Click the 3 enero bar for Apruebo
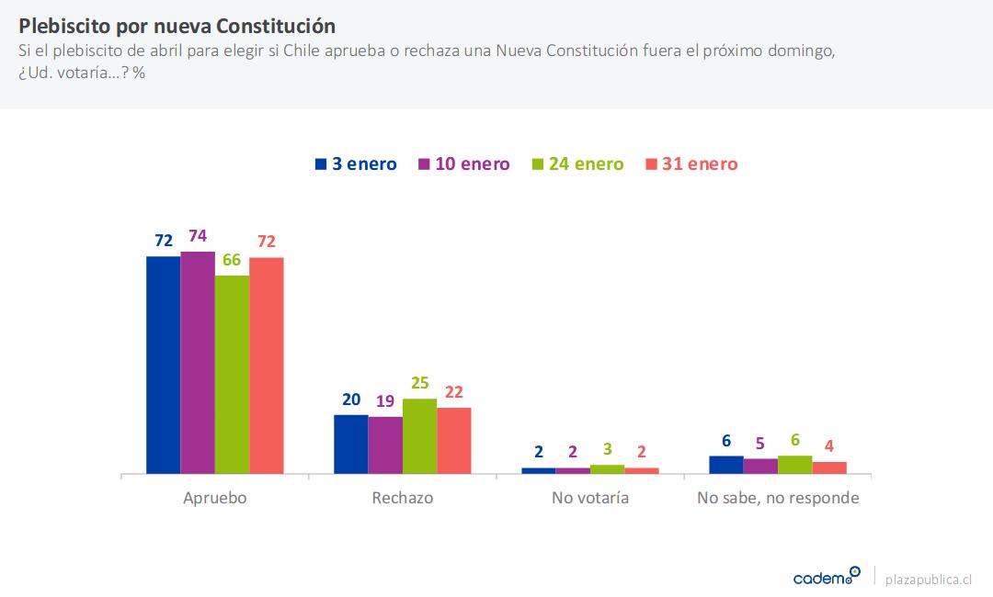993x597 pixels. pyautogui.click(x=164, y=365)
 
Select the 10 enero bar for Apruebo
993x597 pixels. pyautogui.click(x=198, y=362)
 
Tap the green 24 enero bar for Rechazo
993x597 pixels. pyautogui.click(x=419, y=436)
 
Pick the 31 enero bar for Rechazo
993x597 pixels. pyautogui.click(x=453, y=441)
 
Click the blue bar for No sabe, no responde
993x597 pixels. pyautogui.click(x=726, y=465)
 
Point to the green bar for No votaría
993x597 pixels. pyautogui.click(x=607, y=469)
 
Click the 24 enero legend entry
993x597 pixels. pyautogui.click(x=577, y=164)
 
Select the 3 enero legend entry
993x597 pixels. pyautogui.click(x=356, y=164)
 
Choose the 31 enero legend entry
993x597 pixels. pyautogui.click(x=691, y=164)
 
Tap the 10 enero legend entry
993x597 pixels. pyautogui.click(x=463, y=164)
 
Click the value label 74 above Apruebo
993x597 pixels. pyautogui.click(x=198, y=236)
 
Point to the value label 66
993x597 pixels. pyautogui.click(x=232, y=260)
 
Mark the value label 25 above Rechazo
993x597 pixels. pyautogui.click(x=419, y=383)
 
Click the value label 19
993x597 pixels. pyautogui.click(x=385, y=401)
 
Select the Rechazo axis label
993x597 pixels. pyautogui.click(x=403, y=499)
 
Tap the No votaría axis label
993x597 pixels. pyautogui.click(x=590, y=499)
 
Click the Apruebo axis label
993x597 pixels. pyautogui.click(x=215, y=499)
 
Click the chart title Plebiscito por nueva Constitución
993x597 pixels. pyautogui.click(x=177, y=25)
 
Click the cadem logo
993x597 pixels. pyautogui.click(x=827, y=577)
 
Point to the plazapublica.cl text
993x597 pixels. pyautogui.click(x=928, y=579)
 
